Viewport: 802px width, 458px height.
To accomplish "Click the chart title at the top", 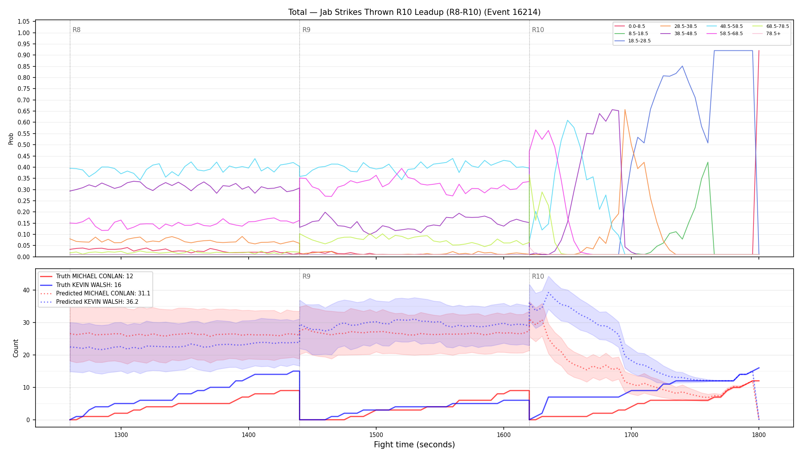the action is (414, 12).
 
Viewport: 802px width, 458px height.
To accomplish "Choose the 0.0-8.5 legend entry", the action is (630, 26).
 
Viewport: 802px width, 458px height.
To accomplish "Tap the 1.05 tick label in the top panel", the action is (24, 22).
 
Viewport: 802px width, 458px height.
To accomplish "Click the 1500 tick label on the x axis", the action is (376, 435).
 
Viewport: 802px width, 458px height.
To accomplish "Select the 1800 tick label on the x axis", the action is (759, 435).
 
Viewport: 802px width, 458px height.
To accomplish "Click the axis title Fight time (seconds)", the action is (414, 445).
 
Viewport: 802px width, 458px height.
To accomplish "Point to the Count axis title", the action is (16, 348).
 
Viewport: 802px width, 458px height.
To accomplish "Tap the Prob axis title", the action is (11, 139).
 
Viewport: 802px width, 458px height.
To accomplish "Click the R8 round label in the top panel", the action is (76, 30).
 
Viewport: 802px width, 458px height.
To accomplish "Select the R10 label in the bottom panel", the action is (538, 276).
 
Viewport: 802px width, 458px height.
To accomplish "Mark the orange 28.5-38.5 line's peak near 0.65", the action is (625, 110).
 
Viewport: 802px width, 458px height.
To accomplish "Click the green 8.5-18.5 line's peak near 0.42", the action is (708, 162).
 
